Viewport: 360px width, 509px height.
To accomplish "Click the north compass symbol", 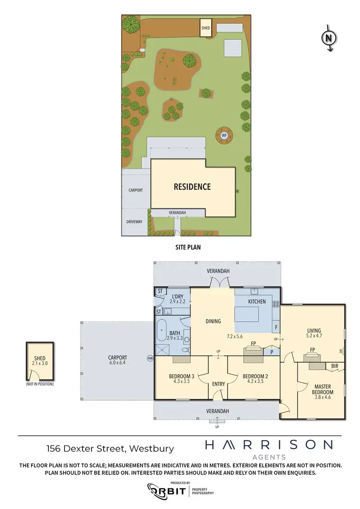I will click(329, 38).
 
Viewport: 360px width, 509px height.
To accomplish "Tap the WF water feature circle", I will click(224, 135).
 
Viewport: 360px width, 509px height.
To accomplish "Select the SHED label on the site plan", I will click(205, 28).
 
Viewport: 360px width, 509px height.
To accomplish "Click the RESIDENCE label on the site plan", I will click(192, 187).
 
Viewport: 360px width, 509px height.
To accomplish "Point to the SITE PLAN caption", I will click(187, 248).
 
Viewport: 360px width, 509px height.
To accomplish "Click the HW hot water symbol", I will click(150, 358).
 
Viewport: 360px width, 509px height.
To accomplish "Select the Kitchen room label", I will click(257, 301).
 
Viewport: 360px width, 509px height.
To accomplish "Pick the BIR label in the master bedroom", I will click(335, 366).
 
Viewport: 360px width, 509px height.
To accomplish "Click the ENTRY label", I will click(218, 384).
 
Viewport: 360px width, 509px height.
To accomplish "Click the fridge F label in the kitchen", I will click(276, 328).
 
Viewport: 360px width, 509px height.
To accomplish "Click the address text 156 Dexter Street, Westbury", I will click(110, 449).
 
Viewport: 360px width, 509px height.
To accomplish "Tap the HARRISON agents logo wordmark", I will click(268, 445).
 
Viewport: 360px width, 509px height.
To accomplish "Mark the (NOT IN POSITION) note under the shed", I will click(40, 384).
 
